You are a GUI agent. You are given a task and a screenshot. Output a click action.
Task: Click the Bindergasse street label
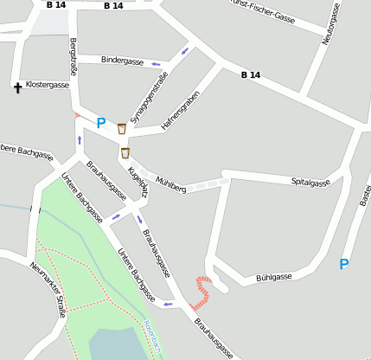click(122, 61)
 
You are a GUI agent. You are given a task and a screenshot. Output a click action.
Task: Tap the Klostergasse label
click(48, 85)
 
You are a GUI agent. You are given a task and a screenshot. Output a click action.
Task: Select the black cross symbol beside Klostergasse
click(17, 87)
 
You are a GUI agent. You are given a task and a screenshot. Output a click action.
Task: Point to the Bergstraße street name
click(74, 57)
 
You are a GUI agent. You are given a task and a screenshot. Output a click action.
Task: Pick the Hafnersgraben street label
click(181, 110)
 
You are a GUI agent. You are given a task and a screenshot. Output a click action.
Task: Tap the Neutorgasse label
click(330, 23)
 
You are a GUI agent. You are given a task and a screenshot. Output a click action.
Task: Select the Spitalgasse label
click(310, 183)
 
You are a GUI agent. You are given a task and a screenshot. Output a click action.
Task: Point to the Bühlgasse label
click(274, 278)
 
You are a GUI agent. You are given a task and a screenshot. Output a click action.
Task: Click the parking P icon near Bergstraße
click(101, 124)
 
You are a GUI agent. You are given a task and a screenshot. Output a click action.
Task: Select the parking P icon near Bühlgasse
click(344, 264)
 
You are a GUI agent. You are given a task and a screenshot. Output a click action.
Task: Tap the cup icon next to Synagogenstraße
click(122, 128)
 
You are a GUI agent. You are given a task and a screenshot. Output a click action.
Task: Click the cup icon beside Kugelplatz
click(125, 153)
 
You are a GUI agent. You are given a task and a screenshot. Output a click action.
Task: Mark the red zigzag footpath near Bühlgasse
click(202, 292)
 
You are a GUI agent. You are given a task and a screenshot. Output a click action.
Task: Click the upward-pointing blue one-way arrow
click(80, 139)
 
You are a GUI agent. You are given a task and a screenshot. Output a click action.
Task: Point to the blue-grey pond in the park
click(118, 344)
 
